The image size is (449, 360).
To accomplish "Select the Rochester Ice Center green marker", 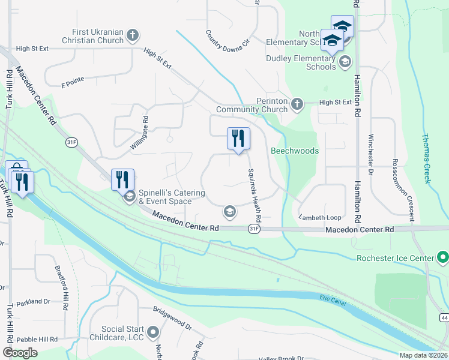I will [443, 258].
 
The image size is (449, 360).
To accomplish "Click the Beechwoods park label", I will [294, 151].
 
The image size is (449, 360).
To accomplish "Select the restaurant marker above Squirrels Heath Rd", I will [238, 139].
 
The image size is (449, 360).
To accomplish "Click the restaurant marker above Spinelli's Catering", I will [122, 179].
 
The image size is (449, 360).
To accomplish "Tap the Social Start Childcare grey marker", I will [154, 332].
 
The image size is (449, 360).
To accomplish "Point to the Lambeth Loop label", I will [320, 217].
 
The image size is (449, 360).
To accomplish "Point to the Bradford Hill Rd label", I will [61, 288].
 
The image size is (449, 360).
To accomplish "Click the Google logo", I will [20, 353].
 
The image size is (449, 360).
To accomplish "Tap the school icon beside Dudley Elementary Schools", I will [345, 62].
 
